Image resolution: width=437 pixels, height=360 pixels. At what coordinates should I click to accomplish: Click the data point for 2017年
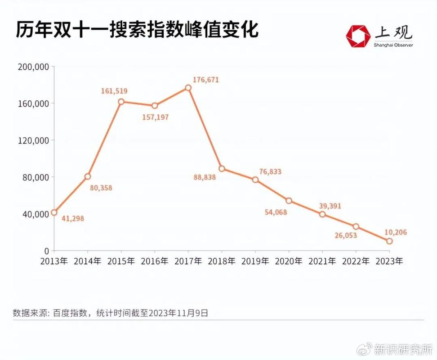[188, 88]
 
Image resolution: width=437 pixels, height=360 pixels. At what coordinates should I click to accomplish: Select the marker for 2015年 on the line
[121, 102]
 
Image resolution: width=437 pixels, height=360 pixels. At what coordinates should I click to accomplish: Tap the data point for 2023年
[389, 241]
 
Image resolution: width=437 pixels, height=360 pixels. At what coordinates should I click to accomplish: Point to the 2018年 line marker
[222, 169]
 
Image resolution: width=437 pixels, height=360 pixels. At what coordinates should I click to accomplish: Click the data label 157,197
[156, 117]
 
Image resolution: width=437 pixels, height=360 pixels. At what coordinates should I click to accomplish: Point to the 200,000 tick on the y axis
[33, 67]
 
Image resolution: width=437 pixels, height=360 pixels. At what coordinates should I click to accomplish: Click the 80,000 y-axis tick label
[35, 177]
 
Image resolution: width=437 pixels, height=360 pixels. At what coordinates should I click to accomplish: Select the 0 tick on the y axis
[46, 251]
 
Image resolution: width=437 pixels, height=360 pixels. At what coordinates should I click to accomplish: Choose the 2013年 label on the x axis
[54, 261]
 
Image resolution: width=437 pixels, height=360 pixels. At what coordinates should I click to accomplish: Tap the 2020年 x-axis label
[289, 261]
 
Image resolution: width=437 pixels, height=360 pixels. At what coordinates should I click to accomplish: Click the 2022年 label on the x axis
[356, 261]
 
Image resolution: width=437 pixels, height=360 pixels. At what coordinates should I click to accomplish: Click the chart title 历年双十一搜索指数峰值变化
[137, 30]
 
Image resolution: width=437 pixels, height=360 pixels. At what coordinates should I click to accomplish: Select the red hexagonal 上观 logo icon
[357, 35]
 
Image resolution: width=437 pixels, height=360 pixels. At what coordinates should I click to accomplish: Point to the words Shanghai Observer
[393, 45]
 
